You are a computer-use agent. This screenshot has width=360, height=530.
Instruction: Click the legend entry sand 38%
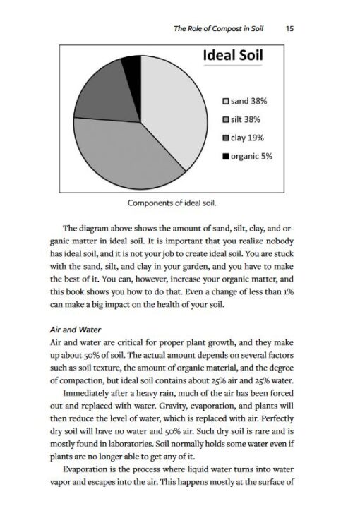(248, 102)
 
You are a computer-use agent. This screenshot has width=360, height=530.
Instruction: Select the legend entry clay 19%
(246, 138)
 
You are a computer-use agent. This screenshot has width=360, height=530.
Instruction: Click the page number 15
(291, 29)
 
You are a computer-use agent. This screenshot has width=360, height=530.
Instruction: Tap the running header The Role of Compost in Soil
(223, 29)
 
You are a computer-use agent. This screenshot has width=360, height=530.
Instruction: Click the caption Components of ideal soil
(172, 203)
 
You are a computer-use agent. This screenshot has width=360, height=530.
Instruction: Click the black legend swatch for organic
(226, 156)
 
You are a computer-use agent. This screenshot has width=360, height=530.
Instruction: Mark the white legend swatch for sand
(226, 102)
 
